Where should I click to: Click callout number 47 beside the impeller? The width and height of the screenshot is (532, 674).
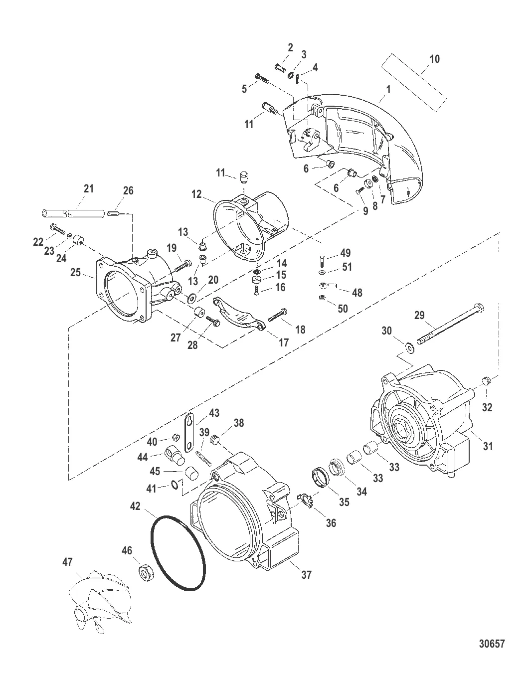click(67, 562)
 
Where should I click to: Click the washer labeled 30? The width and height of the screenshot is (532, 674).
click(410, 345)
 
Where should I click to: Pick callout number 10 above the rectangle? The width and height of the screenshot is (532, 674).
click(434, 59)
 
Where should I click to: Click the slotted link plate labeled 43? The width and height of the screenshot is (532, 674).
click(190, 431)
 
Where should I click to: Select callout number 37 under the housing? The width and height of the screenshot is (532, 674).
click(306, 575)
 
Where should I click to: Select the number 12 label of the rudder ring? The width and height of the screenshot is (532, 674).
click(196, 194)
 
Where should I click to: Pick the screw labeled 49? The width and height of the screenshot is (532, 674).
click(322, 260)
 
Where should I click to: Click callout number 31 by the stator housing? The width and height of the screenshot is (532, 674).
click(488, 446)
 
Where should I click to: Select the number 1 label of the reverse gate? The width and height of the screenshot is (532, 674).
click(388, 90)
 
